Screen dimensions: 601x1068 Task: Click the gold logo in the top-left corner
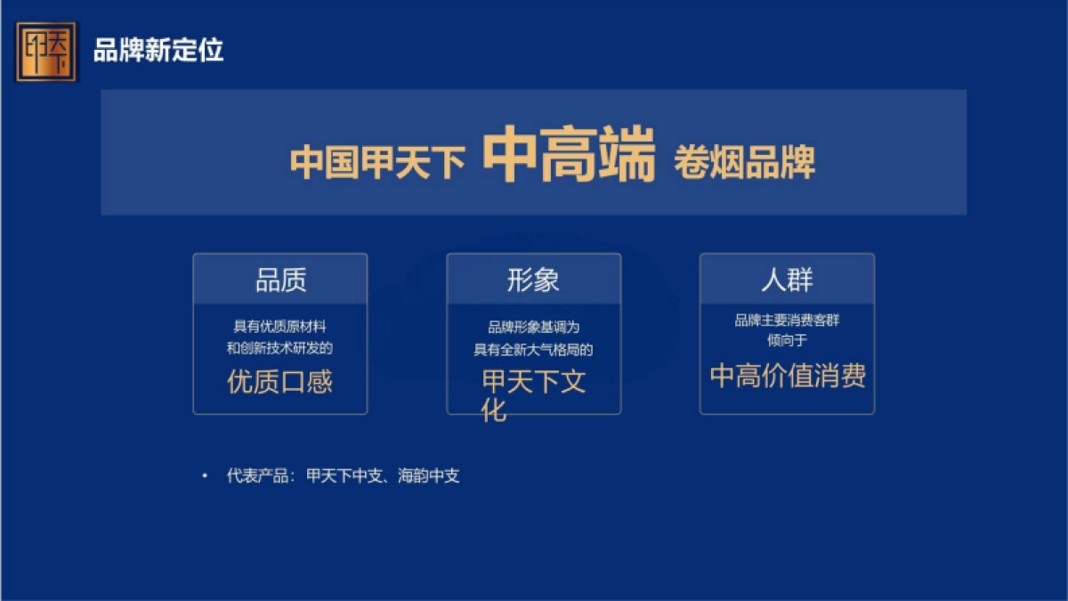coord(46,51)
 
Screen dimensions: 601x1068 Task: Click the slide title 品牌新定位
coord(158,51)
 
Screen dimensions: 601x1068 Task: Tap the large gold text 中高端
coord(569,155)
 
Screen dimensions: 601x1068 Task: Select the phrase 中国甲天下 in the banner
coord(378,163)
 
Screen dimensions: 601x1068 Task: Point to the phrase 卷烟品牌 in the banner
coord(744,163)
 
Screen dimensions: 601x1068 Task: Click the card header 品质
coord(280,280)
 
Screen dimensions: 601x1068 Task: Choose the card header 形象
coord(533,280)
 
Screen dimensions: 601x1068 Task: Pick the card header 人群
coord(787,280)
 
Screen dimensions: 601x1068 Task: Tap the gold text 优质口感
coord(280,382)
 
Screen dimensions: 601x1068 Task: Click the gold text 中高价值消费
coord(788,376)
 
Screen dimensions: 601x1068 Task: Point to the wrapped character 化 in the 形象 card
coord(494,410)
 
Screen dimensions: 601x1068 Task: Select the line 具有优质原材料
coord(279,327)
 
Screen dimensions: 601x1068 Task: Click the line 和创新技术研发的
coord(279,348)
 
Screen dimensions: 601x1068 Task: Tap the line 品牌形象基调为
coord(533,328)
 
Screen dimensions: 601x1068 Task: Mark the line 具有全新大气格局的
coord(533,350)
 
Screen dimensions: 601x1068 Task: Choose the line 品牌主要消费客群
coord(787,321)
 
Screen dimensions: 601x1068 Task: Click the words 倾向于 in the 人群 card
coord(787,339)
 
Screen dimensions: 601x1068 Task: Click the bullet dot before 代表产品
coord(206,476)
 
